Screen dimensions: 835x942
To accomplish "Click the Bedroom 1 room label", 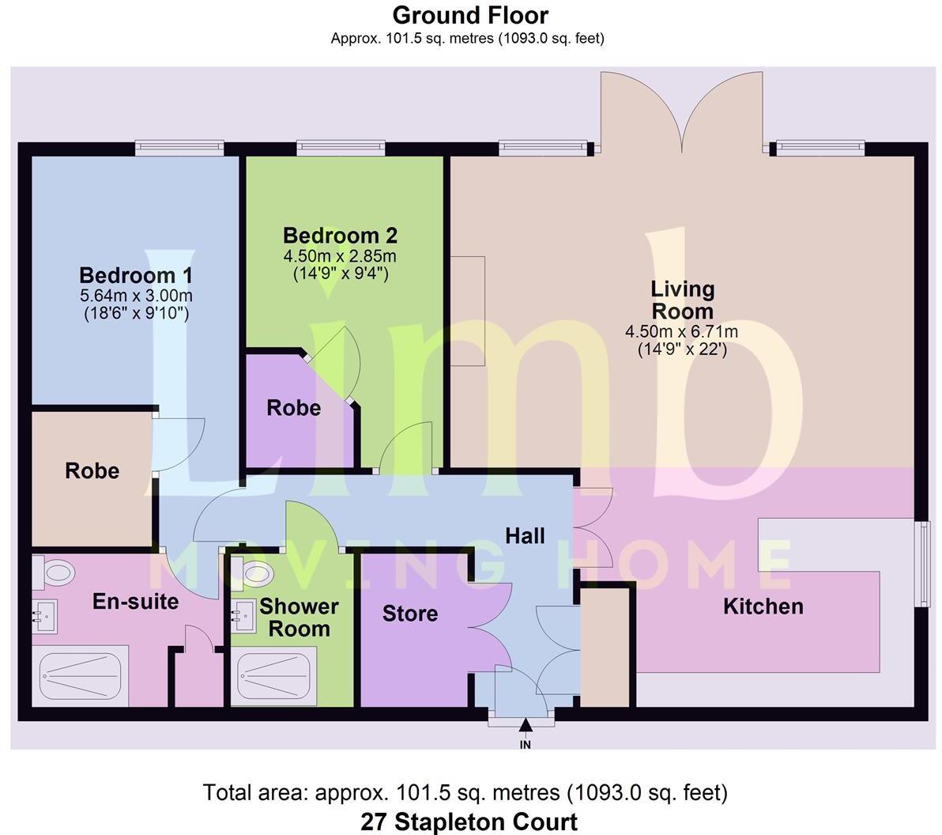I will [136, 276].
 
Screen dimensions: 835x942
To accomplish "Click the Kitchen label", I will [763, 606].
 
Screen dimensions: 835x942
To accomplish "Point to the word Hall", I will [525, 536].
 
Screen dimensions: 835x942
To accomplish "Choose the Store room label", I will [409, 614].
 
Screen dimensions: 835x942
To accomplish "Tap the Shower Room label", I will [299, 618].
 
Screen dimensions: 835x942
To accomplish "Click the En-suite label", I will [135, 602].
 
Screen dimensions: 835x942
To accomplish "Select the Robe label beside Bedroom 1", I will [92, 471].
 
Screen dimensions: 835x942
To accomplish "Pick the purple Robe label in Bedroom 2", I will [293, 408].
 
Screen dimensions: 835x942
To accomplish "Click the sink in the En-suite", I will [43, 614].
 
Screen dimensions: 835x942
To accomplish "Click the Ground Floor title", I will [470, 15].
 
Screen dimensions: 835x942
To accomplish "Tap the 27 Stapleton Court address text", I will [469, 822].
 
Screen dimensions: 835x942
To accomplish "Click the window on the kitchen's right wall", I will [921, 564].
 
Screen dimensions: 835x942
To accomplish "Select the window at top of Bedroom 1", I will [179, 148].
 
